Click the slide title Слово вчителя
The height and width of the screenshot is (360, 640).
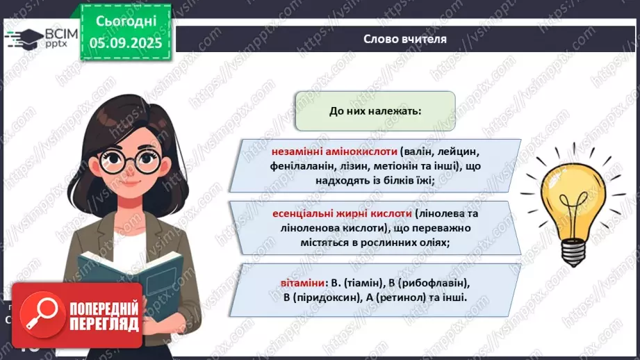click(404, 39)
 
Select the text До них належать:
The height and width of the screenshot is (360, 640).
click(375, 111)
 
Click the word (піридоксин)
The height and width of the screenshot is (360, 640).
click(331, 297)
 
